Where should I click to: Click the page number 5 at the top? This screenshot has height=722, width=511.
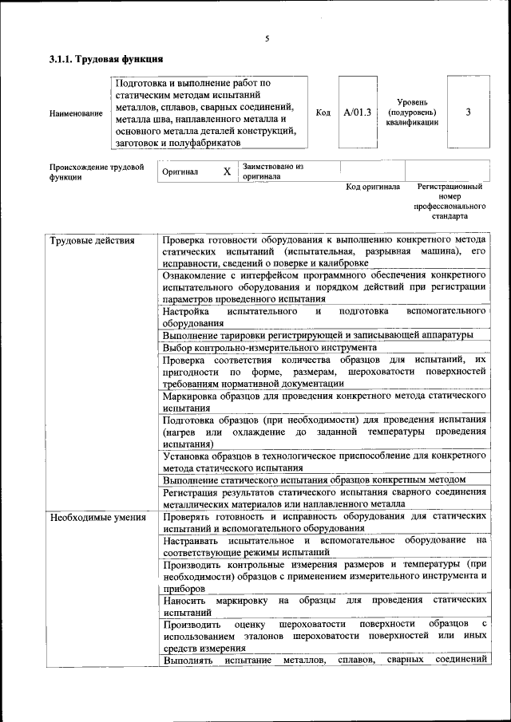(267, 38)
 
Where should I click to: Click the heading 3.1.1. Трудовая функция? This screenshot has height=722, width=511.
(106, 59)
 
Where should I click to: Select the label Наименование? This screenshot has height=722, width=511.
(76, 113)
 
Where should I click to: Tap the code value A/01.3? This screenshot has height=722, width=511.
(358, 112)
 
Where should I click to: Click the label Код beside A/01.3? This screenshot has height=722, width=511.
(323, 112)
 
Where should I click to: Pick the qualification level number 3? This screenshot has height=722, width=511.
(468, 112)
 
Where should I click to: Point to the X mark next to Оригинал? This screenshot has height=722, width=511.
(227, 172)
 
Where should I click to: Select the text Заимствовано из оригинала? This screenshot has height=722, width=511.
(274, 172)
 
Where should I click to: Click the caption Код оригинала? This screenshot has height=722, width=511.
(372, 187)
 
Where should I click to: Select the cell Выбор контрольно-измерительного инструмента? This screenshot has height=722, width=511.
(269, 348)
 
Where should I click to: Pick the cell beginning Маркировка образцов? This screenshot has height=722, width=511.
(323, 401)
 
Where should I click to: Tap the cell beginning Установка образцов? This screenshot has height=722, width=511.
(323, 461)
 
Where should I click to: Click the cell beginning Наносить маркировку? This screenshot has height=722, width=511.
(323, 606)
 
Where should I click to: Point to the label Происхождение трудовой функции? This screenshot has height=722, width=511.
(96, 172)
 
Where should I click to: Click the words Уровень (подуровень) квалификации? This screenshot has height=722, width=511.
(418, 112)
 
